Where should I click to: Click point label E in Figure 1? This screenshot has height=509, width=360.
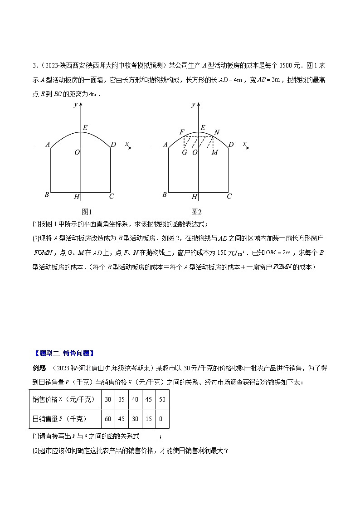pyautogui.click(x=85, y=127)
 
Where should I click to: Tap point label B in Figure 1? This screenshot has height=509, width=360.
pyautogui.click(x=47, y=195)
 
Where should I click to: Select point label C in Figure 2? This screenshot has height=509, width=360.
pyautogui.click(x=229, y=196)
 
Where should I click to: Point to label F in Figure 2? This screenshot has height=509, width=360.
pyautogui.click(x=182, y=132)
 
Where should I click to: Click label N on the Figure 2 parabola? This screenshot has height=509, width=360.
pyautogui.click(x=217, y=132)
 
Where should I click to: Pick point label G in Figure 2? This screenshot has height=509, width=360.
pyautogui.click(x=184, y=153)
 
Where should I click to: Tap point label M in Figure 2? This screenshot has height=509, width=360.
pyautogui.click(x=215, y=153)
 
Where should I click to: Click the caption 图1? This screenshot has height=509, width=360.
pyautogui.click(x=87, y=212)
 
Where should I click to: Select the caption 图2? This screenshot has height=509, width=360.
pyautogui.click(x=196, y=212)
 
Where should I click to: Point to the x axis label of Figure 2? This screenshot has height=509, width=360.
pyautogui.click(x=245, y=144)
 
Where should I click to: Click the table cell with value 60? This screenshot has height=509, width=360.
pyautogui.click(x=108, y=419)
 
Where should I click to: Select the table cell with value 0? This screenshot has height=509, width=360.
pyautogui.click(x=162, y=419)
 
